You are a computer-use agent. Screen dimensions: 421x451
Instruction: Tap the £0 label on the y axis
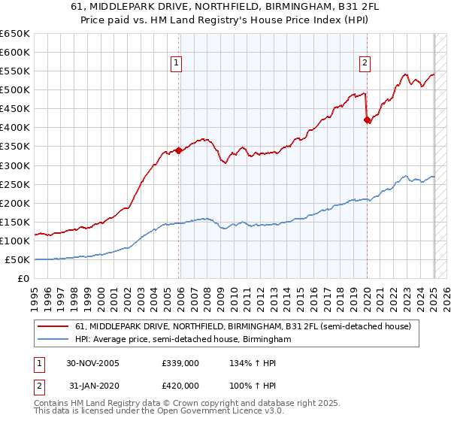[x=23, y=279]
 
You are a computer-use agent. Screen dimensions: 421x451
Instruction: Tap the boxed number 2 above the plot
[x=365, y=63]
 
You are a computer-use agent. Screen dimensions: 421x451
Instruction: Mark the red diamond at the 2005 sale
[x=178, y=150]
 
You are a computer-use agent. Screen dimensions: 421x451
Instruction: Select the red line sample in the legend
[x=53, y=327]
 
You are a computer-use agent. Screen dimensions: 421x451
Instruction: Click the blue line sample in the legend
[x=53, y=340]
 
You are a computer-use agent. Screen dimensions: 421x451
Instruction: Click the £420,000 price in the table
[x=180, y=385]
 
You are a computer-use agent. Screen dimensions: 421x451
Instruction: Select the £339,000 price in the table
[x=180, y=363]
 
